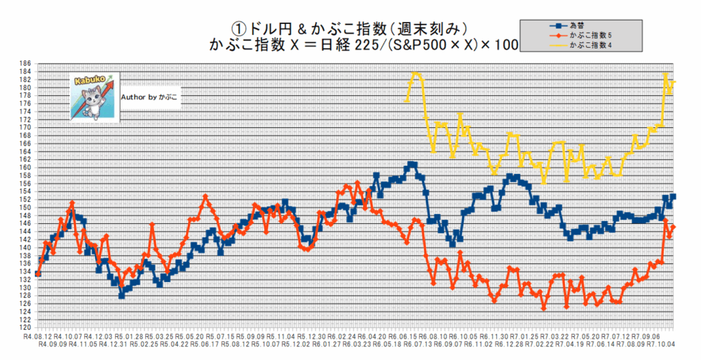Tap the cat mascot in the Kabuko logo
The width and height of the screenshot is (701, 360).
click(93, 99)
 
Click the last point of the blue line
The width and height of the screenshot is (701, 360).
click(673, 196)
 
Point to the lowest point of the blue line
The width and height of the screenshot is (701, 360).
click(121, 296)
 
